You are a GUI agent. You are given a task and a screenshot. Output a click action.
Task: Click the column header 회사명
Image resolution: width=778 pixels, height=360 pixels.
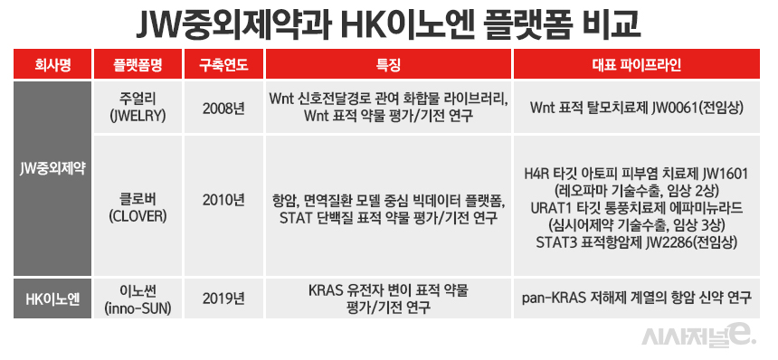tap(52, 65)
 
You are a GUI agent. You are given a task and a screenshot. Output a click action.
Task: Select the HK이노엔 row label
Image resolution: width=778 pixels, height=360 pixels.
tap(52, 298)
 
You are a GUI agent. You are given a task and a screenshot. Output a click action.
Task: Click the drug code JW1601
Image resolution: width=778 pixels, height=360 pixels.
tap(726, 172)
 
